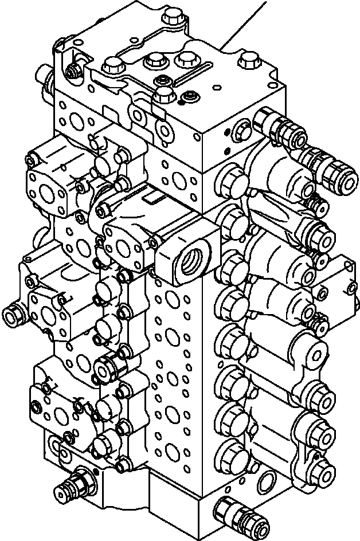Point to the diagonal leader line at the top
pyautogui.click(x=246, y=23)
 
